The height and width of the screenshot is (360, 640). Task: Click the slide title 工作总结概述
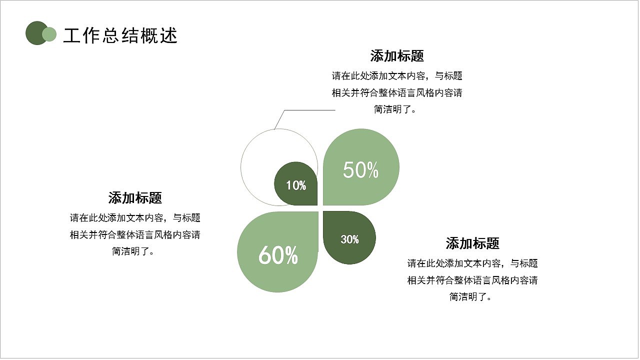coord(120,35)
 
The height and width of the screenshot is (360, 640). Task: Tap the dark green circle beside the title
coord(34,33)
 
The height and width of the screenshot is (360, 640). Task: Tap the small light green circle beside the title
coord(49,34)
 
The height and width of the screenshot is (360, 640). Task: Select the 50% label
coord(360,170)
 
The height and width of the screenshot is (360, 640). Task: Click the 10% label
coord(296,186)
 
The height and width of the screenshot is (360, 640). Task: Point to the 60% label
coord(278,255)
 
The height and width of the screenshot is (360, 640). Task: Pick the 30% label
coord(349,240)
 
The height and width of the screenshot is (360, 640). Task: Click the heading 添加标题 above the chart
coord(397,55)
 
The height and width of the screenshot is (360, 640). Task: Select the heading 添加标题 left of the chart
coord(135,198)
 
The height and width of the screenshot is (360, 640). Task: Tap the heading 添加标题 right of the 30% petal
coord(472,243)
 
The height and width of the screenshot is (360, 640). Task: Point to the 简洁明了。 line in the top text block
coord(397,109)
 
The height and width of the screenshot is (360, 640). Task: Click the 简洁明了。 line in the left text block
coord(135,251)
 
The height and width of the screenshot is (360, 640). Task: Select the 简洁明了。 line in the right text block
coord(472,297)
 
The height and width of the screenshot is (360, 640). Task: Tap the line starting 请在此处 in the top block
coord(397,76)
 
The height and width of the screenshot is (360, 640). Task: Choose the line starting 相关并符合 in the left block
coord(135,235)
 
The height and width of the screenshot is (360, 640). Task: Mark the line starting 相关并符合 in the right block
coord(472,280)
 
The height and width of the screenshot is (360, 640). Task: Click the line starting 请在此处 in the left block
coord(135,218)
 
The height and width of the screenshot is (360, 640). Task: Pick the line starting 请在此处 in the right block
coord(472,263)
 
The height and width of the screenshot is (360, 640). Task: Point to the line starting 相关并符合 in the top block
coord(397,93)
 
